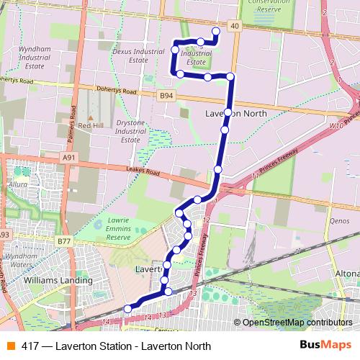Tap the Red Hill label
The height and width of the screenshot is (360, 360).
click(x=92, y=125)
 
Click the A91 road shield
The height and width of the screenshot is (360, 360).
click(x=68, y=158)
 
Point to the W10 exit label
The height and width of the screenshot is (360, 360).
click(x=336, y=126)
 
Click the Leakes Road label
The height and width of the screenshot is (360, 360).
click(x=143, y=171)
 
